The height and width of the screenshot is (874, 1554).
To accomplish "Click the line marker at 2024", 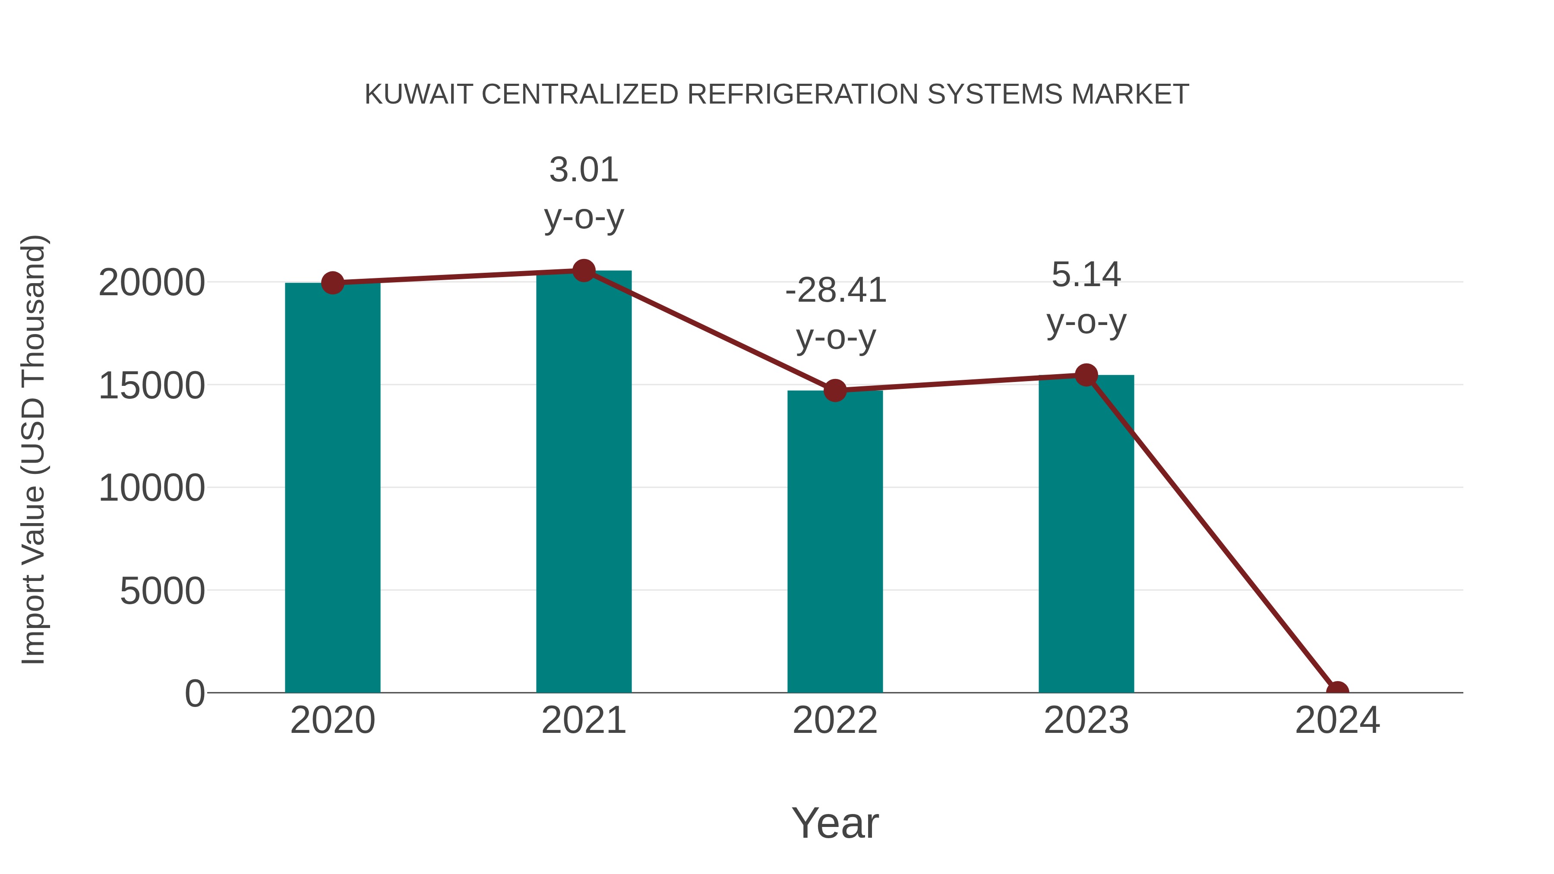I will [1337, 691].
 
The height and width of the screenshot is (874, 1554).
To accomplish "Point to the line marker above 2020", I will [332, 282].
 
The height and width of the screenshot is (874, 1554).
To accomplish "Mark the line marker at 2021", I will [583, 271].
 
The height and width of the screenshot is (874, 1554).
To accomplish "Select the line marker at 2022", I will [835, 390].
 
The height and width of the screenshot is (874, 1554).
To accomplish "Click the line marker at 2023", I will [1086, 375].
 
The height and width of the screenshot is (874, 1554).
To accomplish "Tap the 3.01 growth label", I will [583, 170].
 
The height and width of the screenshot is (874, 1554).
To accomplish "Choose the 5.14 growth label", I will [1086, 275].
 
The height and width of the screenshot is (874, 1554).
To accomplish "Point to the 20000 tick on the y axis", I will [152, 282].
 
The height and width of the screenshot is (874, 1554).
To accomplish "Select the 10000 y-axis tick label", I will [152, 488].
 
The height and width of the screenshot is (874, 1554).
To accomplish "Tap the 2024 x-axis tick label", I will [1337, 720].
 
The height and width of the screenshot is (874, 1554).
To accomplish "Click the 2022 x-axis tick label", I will [835, 720].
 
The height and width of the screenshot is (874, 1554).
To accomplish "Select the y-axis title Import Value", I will [34, 449].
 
